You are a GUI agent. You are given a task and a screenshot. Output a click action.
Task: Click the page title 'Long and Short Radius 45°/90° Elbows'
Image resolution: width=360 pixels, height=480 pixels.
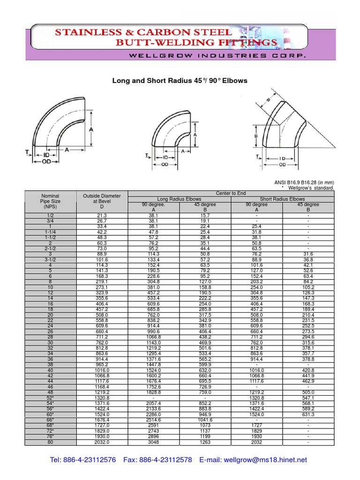[180, 81]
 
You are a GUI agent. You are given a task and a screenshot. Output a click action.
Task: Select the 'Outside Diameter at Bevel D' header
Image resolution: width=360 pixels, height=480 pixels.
[102, 201]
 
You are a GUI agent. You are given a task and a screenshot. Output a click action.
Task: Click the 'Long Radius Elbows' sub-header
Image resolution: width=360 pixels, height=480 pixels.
[180, 199]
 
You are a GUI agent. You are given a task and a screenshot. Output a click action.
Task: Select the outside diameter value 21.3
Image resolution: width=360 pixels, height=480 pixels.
[102, 215]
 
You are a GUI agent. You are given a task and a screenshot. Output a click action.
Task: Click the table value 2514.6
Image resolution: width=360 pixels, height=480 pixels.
[154, 420]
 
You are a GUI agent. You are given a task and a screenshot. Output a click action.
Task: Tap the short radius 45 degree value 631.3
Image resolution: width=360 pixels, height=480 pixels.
[308, 415]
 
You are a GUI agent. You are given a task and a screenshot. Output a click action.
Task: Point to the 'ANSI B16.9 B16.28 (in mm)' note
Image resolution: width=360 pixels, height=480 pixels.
[304, 182]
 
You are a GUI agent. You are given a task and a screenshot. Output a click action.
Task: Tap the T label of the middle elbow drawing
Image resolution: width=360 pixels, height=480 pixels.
[147, 156]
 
